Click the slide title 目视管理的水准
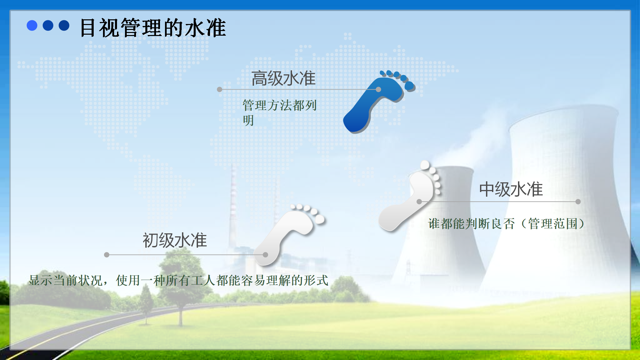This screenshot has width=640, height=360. click(153, 28)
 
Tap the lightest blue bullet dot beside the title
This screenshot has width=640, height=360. click(32, 25)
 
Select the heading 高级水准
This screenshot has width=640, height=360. click(283, 79)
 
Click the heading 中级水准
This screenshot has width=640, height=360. click(511, 189)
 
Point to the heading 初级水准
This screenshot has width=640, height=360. click(175, 240)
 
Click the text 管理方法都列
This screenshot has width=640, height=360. click(279, 105)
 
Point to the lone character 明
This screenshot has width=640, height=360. click(248, 120)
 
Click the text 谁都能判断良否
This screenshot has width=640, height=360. click(471, 224)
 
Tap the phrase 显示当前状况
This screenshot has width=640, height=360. click(65, 280)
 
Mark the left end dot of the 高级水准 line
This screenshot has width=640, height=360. click(219, 89)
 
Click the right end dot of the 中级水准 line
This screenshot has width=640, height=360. click(578, 202)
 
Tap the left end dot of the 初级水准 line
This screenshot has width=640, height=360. click(107, 255)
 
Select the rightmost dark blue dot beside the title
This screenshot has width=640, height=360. click(64, 25)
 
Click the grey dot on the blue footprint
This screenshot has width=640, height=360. click(378, 89)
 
